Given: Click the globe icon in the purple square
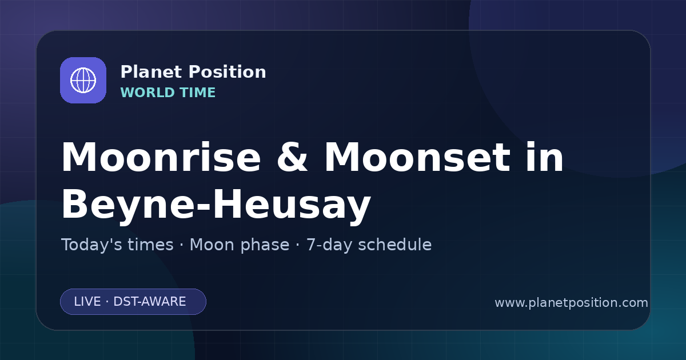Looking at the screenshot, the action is (x=83, y=80).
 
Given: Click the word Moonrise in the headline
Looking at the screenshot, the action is (x=161, y=157).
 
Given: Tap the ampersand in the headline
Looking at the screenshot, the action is (x=292, y=157).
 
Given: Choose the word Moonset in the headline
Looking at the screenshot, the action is (x=417, y=157).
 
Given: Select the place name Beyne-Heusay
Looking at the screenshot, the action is (x=216, y=204).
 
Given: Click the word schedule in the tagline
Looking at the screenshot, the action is (x=395, y=245).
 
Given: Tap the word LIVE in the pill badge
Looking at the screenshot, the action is (x=87, y=302).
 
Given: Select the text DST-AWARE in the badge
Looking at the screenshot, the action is (x=149, y=302).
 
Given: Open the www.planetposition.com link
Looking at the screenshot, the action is (x=571, y=303).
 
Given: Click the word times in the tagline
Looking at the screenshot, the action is (x=150, y=245).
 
